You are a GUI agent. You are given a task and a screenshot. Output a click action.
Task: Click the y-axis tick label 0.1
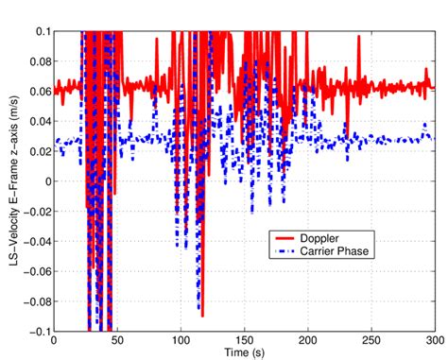pyautogui.click(x=41, y=32)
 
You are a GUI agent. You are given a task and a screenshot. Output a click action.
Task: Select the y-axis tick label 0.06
pyautogui.click(x=37, y=92)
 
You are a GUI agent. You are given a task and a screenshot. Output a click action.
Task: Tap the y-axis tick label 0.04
pyautogui.click(x=37, y=122)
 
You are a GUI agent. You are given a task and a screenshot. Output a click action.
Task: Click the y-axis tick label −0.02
pyautogui.click(x=34, y=212)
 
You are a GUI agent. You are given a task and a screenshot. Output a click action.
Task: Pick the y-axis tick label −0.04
pyautogui.click(x=34, y=242)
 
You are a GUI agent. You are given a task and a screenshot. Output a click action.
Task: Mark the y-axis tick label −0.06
pyautogui.click(x=34, y=271)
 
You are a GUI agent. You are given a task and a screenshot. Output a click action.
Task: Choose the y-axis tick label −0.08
pyautogui.click(x=34, y=301)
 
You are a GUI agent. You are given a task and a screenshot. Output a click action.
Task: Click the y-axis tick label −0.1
pyautogui.click(x=37, y=331)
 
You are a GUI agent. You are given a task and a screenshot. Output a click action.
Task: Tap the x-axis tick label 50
pyautogui.click(x=116, y=340)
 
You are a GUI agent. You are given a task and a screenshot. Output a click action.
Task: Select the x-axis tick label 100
pyautogui.click(x=180, y=340)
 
